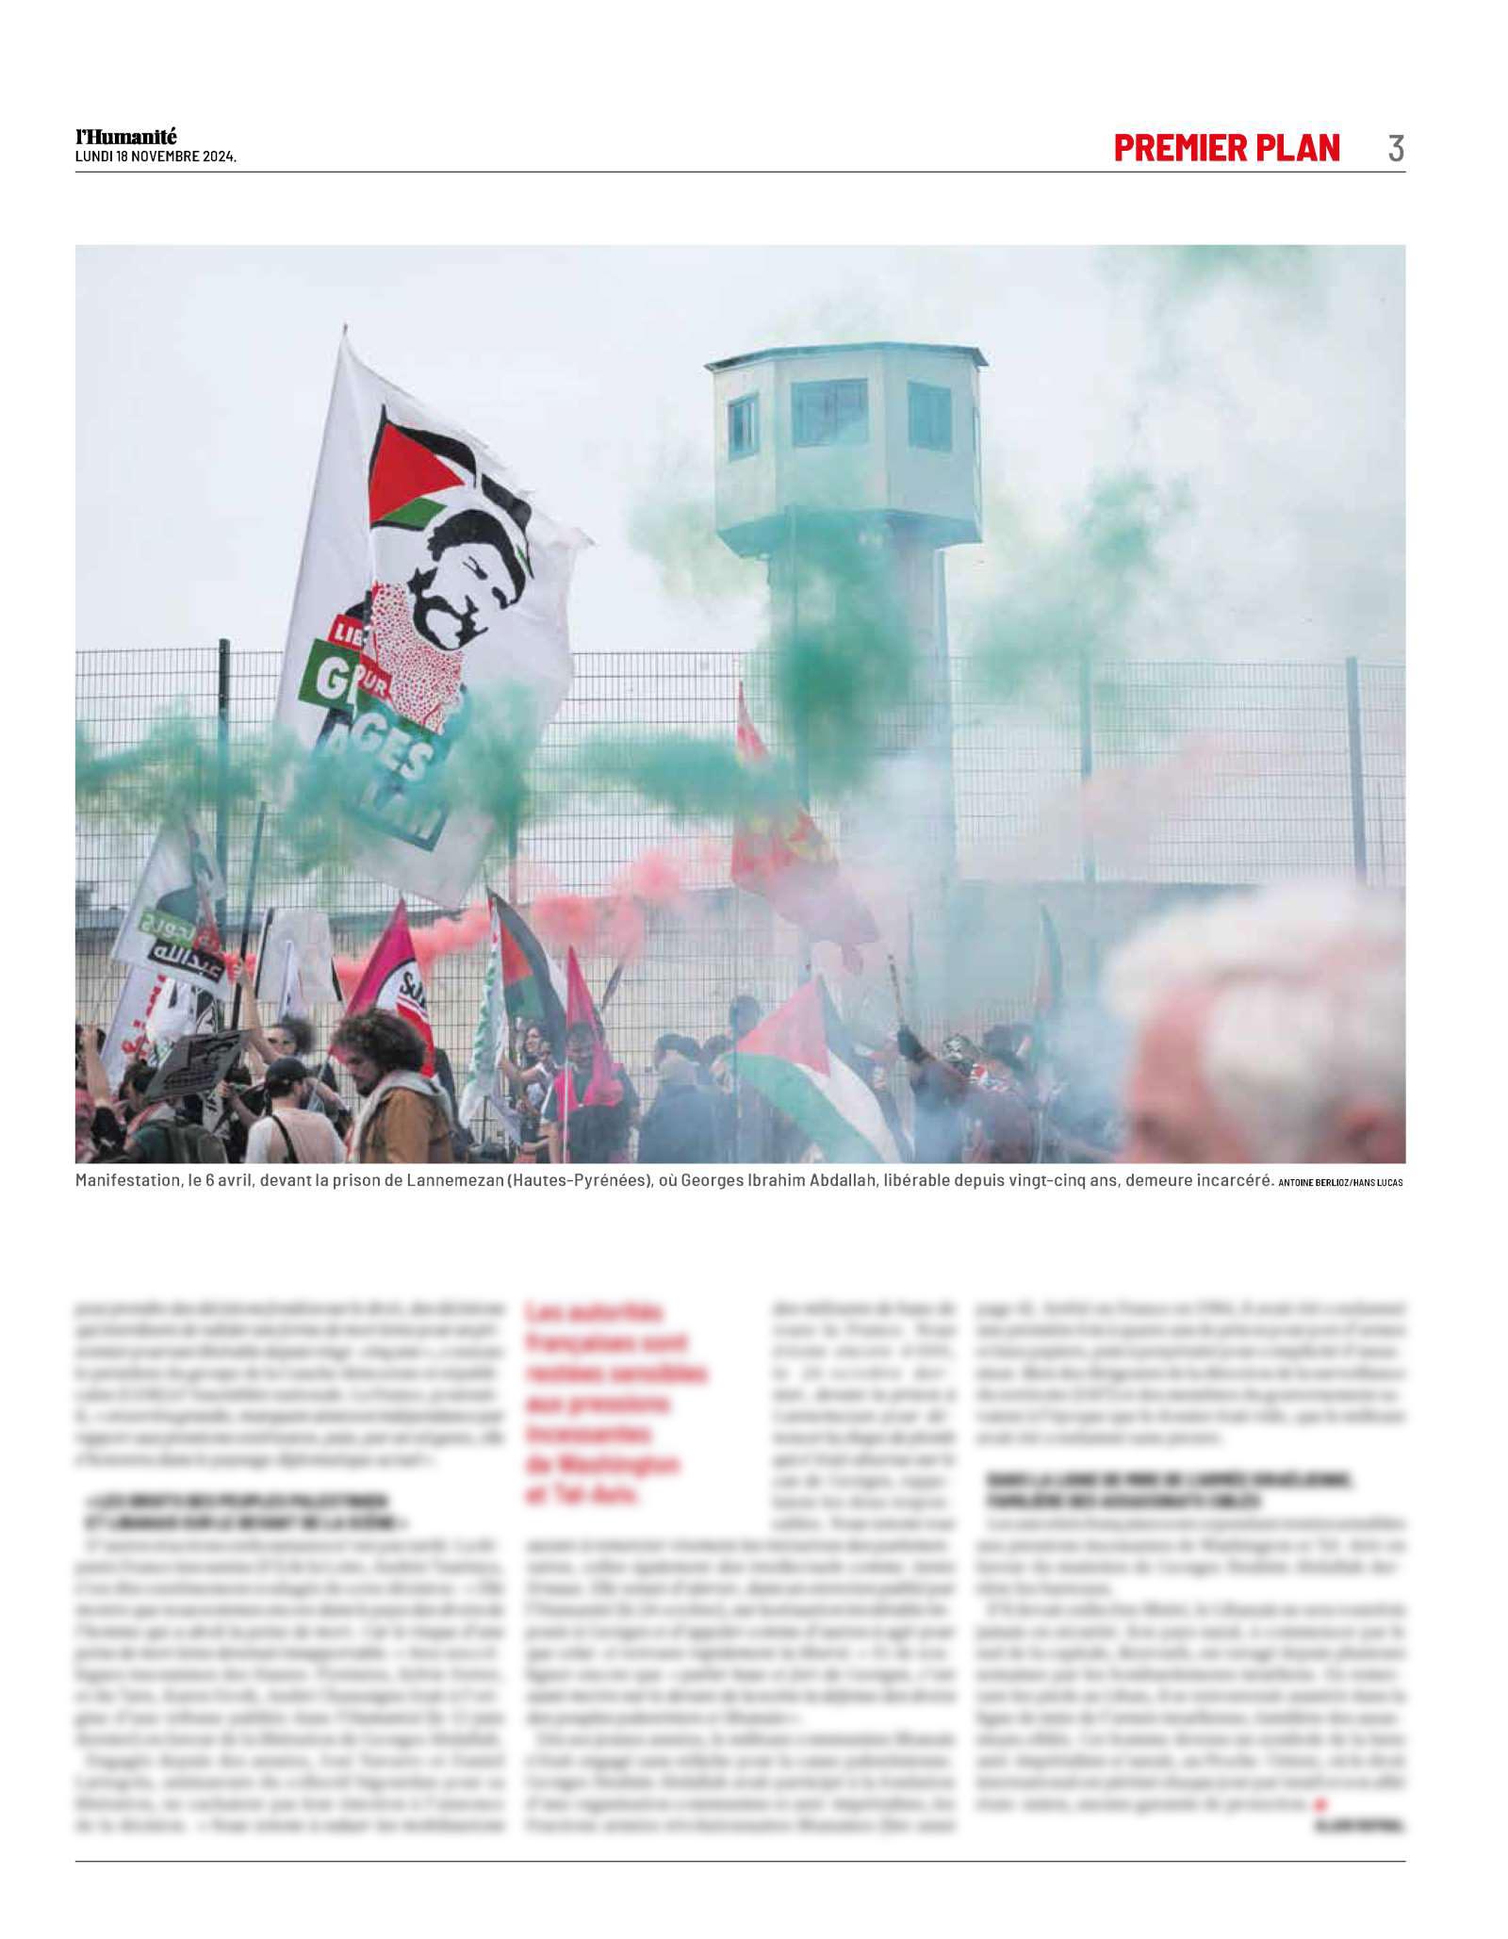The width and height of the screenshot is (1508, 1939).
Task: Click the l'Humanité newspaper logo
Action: click(126, 137)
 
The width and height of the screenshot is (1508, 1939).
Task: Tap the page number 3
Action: click(1395, 149)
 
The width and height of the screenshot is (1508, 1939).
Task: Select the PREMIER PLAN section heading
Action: click(1226, 148)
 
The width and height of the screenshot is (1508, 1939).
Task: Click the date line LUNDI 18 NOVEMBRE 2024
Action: click(156, 157)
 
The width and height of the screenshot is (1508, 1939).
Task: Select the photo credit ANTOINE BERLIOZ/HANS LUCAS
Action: click(1340, 1182)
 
